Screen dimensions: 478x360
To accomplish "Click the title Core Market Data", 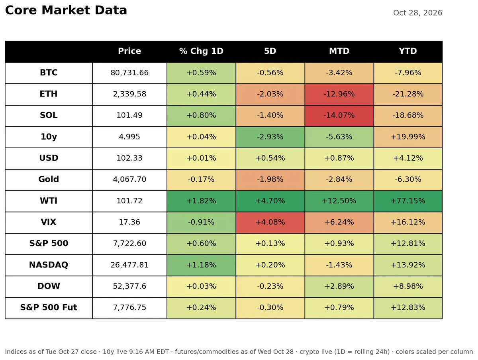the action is pos(66,10).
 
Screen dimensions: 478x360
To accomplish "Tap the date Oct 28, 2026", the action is pos(417,13).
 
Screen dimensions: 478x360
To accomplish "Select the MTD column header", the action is pos(339,51).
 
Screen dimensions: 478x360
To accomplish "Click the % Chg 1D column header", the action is pos(201,51).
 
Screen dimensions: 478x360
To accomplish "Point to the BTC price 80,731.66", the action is pos(129,73).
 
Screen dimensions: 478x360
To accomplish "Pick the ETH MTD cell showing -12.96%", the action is pos(339,94).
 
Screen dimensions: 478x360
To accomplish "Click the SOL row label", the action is pos(49,115).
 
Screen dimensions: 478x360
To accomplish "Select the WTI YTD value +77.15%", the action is pos(408,201).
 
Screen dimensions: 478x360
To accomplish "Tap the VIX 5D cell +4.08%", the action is pos(270,222).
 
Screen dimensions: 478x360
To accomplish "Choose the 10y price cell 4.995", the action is pos(129,137).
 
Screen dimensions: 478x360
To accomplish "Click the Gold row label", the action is pos(49,179).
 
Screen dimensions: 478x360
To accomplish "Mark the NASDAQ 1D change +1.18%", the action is pos(201,265).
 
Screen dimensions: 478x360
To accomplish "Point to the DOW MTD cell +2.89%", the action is pos(339,286).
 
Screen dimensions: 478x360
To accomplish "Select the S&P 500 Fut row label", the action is pos(49,307).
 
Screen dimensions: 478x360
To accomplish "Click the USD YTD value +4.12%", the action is pos(408,158).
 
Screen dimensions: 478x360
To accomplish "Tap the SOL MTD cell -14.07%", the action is pos(339,115).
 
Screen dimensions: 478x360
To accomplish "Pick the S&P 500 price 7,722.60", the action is pos(129,244).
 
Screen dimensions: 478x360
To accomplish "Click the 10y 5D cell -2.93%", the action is pos(270,137).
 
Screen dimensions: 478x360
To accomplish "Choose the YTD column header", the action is pos(408,51).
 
